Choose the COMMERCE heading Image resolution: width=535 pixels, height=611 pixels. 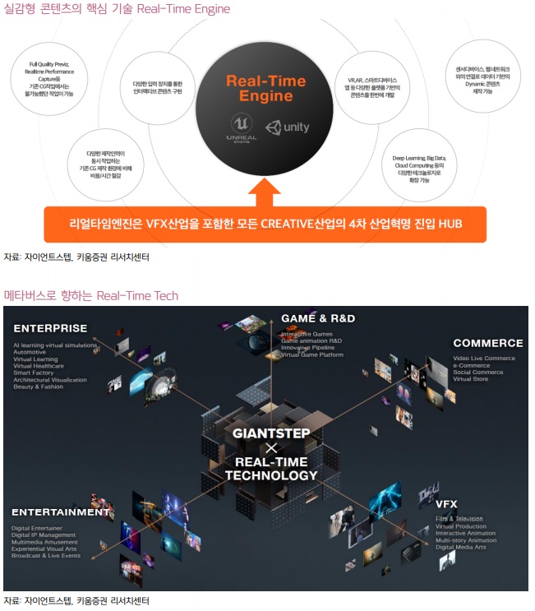point(487,343)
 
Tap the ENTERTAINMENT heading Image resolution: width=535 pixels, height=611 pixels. point(61,512)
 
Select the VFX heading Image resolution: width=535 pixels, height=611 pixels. point(449,504)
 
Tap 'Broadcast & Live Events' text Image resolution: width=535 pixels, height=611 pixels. point(46,556)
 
